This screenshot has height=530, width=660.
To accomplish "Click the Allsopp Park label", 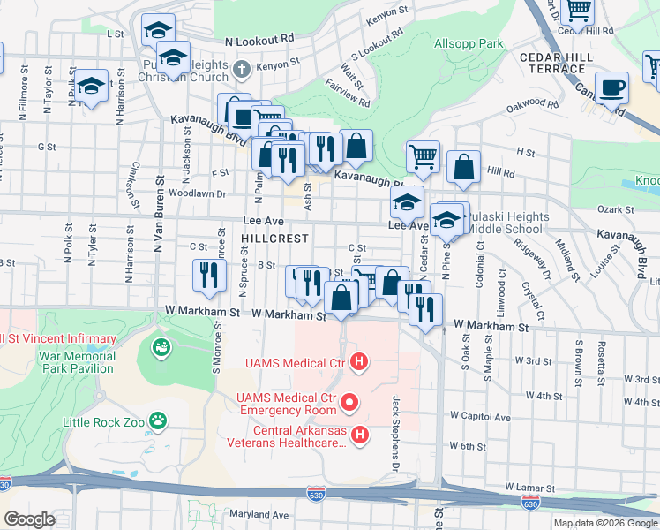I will tap(469, 43).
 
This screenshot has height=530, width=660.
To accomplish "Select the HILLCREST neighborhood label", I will tap(274, 238).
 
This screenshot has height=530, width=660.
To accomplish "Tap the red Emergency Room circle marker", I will tap(349, 404).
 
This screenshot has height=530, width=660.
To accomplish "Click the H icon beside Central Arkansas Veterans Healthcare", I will tap(359, 434).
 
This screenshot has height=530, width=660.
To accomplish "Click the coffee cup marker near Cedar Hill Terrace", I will tap(611, 87).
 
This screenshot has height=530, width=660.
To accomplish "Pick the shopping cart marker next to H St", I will tap(423, 155).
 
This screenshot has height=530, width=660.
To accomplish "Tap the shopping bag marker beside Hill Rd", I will tap(463, 166).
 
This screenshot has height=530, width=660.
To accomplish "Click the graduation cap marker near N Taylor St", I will tap(91, 86).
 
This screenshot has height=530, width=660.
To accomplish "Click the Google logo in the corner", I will tap(30, 519).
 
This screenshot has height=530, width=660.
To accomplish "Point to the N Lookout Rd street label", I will tap(259, 41).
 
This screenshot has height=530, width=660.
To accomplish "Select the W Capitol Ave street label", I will tap(480, 415).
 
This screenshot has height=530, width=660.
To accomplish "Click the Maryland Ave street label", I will tap(259, 515).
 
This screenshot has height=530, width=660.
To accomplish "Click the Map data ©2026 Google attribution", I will tap(605, 523).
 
